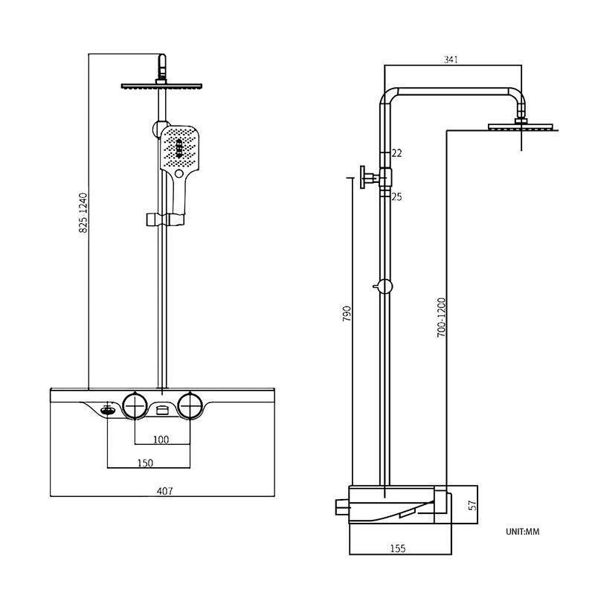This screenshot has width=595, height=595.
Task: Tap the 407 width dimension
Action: (165, 490)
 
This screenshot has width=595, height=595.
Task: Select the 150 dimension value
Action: (145, 463)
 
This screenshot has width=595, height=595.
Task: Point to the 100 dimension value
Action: (161, 439)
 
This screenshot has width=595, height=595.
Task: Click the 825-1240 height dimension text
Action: (83, 213)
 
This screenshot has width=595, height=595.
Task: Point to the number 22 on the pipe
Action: (396, 153)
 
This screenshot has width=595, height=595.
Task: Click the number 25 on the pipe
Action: (396, 196)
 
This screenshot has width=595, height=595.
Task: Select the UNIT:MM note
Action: (521, 531)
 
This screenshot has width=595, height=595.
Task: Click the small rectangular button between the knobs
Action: (163, 408)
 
